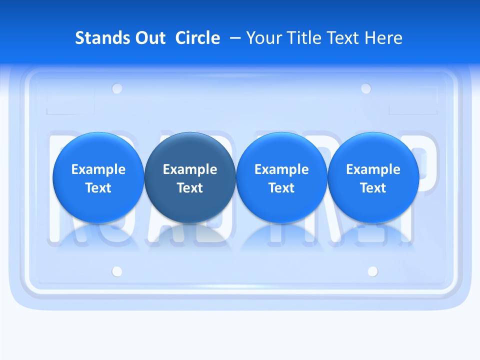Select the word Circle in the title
coord(197,38)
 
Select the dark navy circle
coord(190,177)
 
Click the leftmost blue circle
coord(98,177)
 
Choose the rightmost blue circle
coord(373,177)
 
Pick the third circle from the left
coord(281,177)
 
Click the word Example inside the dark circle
coord(190,169)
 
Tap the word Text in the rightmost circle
coord(373,188)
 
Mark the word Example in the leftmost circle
coord(98,169)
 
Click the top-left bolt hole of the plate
coord(117,89)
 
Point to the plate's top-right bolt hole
coord(366,88)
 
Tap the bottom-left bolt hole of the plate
coord(117,271)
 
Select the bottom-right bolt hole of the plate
coord(372,271)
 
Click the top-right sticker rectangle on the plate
coord(409,105)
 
